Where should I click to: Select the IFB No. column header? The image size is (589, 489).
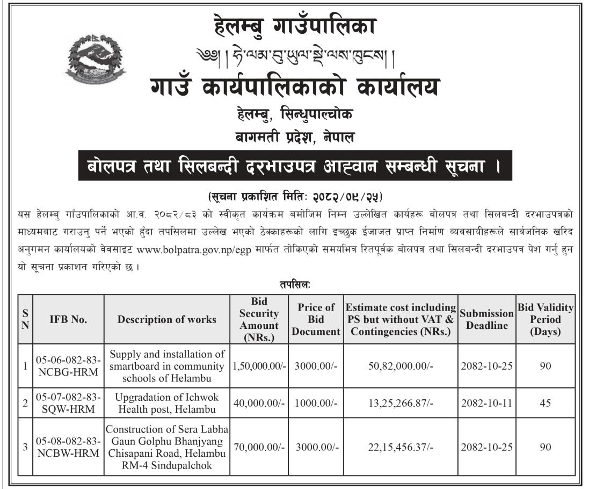point(68,319)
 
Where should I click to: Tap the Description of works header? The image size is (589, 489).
point(167,319)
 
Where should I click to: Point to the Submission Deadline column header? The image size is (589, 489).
point(487,319)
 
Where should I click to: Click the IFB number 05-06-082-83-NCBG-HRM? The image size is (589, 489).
point(68,366)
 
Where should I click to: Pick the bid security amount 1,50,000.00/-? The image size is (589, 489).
point(260,366)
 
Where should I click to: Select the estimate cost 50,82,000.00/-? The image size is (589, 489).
point(401,366)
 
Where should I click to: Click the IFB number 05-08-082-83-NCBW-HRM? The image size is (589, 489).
point(68,447)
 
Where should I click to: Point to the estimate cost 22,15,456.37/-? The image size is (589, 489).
point(401,447)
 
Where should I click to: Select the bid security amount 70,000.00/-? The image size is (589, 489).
point(260,447)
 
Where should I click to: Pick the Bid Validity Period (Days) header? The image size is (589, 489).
point(545,319)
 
